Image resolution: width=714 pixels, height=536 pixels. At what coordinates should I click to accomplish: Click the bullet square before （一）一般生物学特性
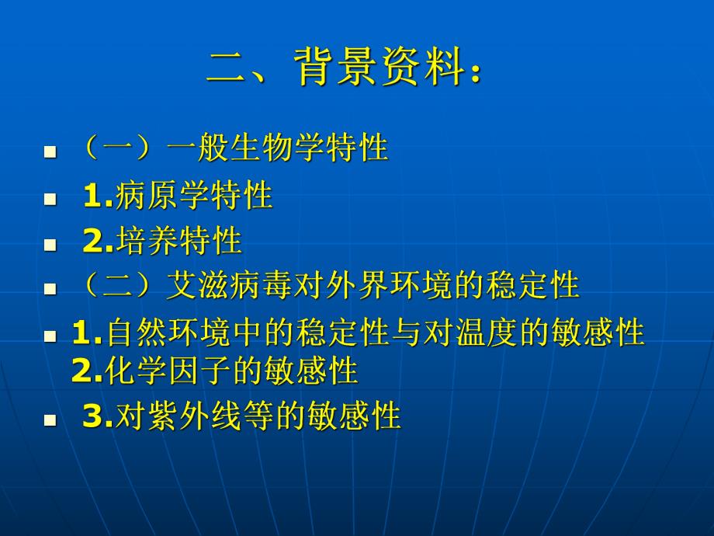click(x=50, y=152)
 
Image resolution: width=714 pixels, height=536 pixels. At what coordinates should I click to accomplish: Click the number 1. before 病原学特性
click(x=97, y=197)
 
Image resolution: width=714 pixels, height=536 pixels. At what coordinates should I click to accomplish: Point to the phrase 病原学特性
click(x=193, y=196)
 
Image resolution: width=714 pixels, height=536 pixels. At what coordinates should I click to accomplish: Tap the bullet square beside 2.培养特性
click(x=50, y=245)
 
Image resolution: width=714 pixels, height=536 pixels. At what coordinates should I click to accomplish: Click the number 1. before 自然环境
click(x=86, y=334)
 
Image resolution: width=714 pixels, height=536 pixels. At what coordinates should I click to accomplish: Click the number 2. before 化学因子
click(x=86, y=372)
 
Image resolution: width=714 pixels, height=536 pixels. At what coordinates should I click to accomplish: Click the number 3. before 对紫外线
click(x=97, y=418)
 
